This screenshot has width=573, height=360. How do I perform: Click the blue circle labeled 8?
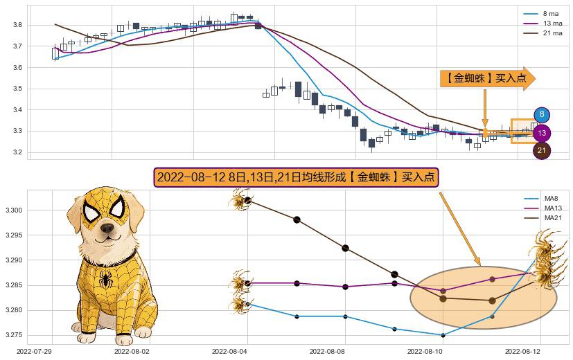(x=542, y=116)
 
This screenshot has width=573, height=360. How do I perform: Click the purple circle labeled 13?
(x=542, y=133)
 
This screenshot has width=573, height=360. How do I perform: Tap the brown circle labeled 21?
(x=542, y=150)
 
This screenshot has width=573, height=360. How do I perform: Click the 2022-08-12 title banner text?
(x=296, y=177)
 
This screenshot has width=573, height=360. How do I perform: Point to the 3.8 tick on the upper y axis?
(x=18, y=25)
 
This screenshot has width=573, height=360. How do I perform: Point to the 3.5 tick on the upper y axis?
(x=18, y=89)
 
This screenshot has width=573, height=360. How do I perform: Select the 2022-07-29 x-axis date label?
(x=34, y=352)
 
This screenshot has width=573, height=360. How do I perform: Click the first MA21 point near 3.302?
(x=247, y=201)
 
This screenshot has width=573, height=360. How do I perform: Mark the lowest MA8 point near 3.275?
(x=443, y=335)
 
